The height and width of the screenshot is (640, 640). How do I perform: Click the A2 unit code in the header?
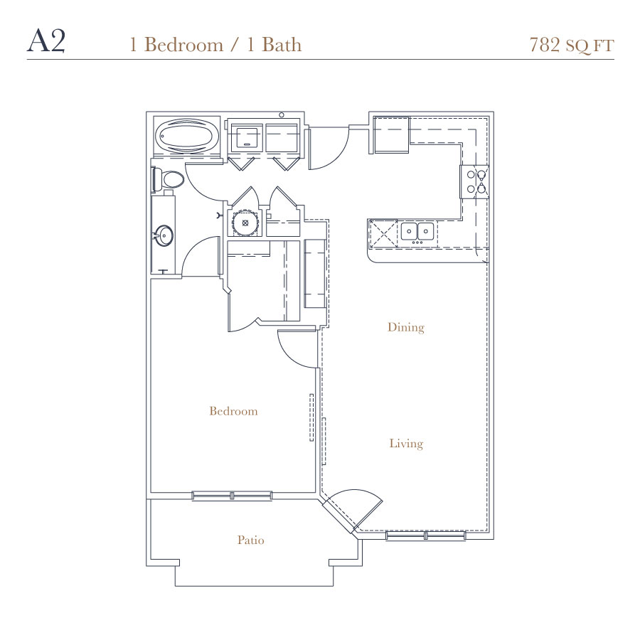46,41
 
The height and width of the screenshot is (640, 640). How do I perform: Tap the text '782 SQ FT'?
572,45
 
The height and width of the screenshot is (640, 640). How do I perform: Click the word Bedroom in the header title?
183,45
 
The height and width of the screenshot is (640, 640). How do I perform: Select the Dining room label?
406,327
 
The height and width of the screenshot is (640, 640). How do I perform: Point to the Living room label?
406,444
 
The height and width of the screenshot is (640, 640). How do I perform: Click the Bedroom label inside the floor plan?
233,410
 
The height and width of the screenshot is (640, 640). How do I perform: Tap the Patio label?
250,540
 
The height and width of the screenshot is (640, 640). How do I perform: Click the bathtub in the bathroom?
186,137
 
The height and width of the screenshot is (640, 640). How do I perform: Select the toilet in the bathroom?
168,179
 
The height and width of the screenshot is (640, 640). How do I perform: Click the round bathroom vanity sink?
164,235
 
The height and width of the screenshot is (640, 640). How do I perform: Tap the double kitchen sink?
417,231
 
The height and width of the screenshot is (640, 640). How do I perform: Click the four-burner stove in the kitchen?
474,181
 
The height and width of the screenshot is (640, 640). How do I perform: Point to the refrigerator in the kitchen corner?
391,134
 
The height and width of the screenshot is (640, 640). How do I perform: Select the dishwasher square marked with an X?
383,234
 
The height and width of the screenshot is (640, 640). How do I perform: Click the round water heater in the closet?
245,223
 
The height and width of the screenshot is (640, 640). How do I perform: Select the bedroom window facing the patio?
232,496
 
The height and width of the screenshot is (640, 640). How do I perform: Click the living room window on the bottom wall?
426,535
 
